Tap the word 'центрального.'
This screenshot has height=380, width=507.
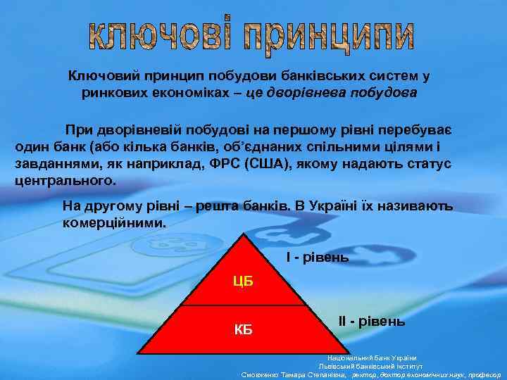point(64,179)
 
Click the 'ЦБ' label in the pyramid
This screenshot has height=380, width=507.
point(243,282)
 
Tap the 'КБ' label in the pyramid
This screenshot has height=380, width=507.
point(243,330)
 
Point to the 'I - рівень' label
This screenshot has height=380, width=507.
point(317,258)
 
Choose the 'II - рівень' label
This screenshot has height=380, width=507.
point(372,322)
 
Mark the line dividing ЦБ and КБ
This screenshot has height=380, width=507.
point(244,305)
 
